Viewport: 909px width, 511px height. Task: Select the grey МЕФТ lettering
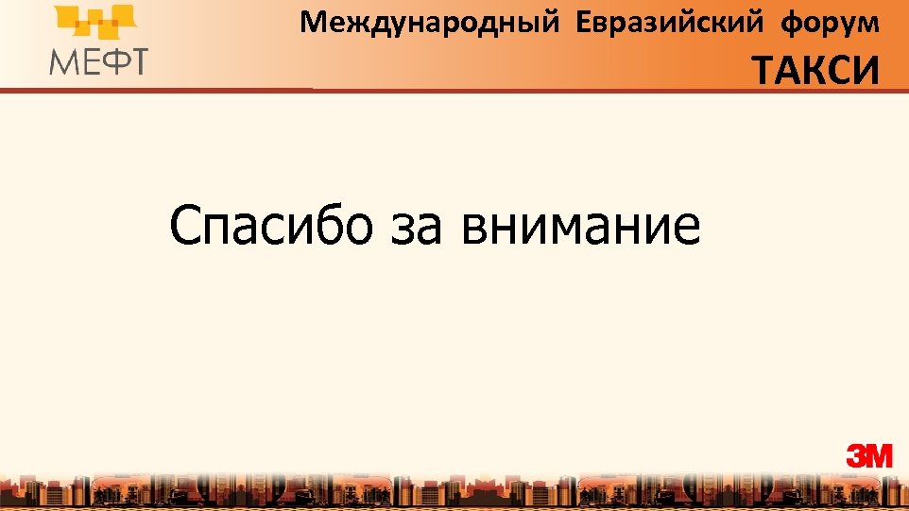tap(99, 60)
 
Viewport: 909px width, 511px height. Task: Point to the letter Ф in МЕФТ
tap(112, 60)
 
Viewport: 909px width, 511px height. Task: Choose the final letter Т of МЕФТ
tap(138, 60)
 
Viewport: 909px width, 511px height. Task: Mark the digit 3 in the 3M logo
tap(856, 456)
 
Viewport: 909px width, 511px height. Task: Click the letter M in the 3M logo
tap(879, 456)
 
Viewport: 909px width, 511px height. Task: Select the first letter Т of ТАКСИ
tap(764, 69)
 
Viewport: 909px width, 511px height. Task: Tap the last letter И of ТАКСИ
tap(866, 69)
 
